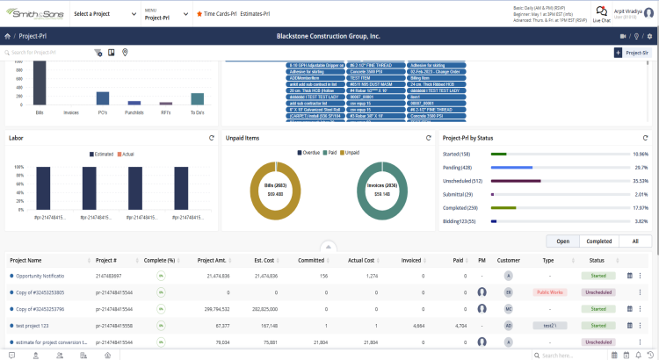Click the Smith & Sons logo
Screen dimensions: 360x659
tap(33, 14)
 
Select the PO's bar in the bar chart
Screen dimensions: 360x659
tap(102, 97)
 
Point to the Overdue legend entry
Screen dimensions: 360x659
tap(309, 153)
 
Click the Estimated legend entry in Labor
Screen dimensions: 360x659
tap(103, 153)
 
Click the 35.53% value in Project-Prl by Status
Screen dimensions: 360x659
tap(640, 181)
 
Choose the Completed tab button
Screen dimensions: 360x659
tap(598, 241)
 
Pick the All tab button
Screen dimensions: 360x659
tap(634, 241)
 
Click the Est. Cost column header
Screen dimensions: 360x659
tap(264, 260)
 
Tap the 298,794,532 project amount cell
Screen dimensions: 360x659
tap(212, 309)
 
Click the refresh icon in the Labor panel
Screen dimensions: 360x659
tap(211, 138)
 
